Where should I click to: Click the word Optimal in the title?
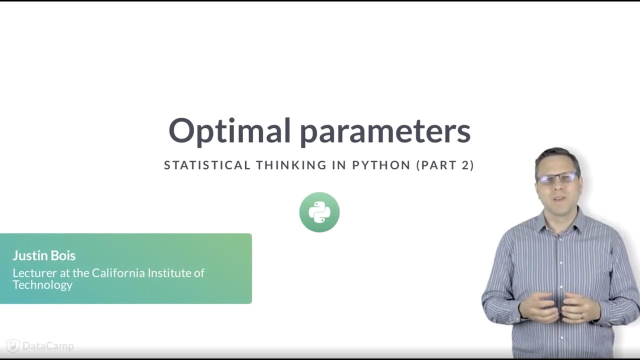click(x=229, y=130)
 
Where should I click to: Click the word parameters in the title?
click(x=385, y=131)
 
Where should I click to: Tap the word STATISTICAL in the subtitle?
click(x=207, y=165)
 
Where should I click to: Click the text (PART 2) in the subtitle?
click(x=445, y=165)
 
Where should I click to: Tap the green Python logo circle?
click(x=319, y=212)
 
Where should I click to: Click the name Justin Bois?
click(x=44, y=255)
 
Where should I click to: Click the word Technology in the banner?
click(x=42, y=285)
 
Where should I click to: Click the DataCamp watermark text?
click(x=48, y=346)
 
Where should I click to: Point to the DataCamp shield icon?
click(x=13, y=346)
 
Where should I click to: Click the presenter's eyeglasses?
click(x=557, y=178)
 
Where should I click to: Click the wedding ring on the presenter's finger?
click(x=582, y=316)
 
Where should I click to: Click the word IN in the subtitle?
click(x=339, y=165)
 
